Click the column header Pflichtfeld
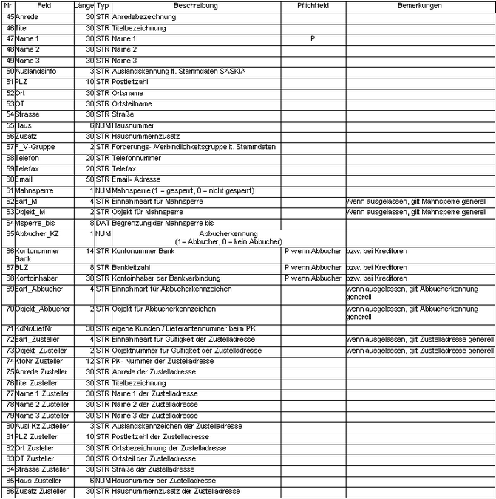[312, 5]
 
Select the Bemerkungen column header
[419, 5]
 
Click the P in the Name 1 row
[313, 38]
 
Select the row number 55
[10, 125]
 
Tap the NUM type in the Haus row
[102, 125]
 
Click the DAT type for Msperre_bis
[102, 222]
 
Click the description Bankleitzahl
[132, 267]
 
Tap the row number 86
[10, 491]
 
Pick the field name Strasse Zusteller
[42, 469]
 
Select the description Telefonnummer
[137, 158]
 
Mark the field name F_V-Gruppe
[35, 147]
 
